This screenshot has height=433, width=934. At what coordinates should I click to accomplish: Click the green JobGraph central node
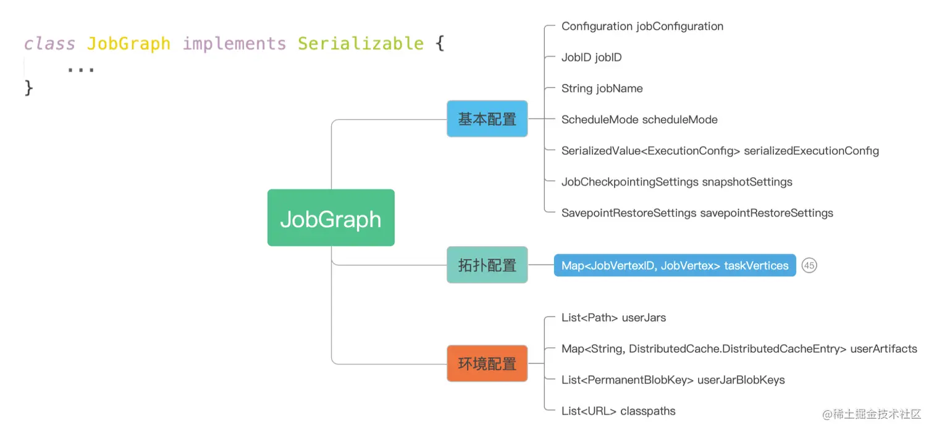click(x=330, y=218)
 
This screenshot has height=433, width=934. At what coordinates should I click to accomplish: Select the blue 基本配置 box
click(x=487, y=118)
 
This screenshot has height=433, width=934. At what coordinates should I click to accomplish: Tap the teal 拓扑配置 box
click(x=487, y=265)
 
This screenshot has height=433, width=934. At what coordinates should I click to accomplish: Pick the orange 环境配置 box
click(x=487, y=363)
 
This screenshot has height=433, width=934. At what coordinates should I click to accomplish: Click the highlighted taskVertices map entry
click(x=675, y=265)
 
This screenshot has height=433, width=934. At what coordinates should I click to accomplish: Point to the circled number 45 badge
click(x=809, y=265)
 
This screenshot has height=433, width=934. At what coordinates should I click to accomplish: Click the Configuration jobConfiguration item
click(x=642, y=27)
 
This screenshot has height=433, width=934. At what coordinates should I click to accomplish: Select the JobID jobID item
click(x=591, y=57)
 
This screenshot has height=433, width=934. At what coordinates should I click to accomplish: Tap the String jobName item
click(x=602, y=88)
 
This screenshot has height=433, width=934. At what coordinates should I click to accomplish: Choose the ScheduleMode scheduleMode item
click(x=639, y=120)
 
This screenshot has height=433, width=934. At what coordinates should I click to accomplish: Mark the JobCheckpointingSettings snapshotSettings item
click(x=676, y=182)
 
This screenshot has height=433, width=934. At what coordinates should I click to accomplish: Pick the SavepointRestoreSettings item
click(x=697, y=213)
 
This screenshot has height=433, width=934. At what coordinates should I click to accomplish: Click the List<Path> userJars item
click(x=613, y=318)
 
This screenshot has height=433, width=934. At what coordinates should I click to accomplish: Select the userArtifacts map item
click(x=739, y=348)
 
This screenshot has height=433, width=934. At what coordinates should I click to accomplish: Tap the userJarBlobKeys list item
click(x=673, y=380)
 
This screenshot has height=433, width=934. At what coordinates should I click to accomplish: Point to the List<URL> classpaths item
click(x=618, y=411)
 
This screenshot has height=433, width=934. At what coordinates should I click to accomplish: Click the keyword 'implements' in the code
click(x=234, y=44)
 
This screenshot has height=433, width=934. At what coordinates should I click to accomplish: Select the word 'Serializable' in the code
click(x=361, y=44)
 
